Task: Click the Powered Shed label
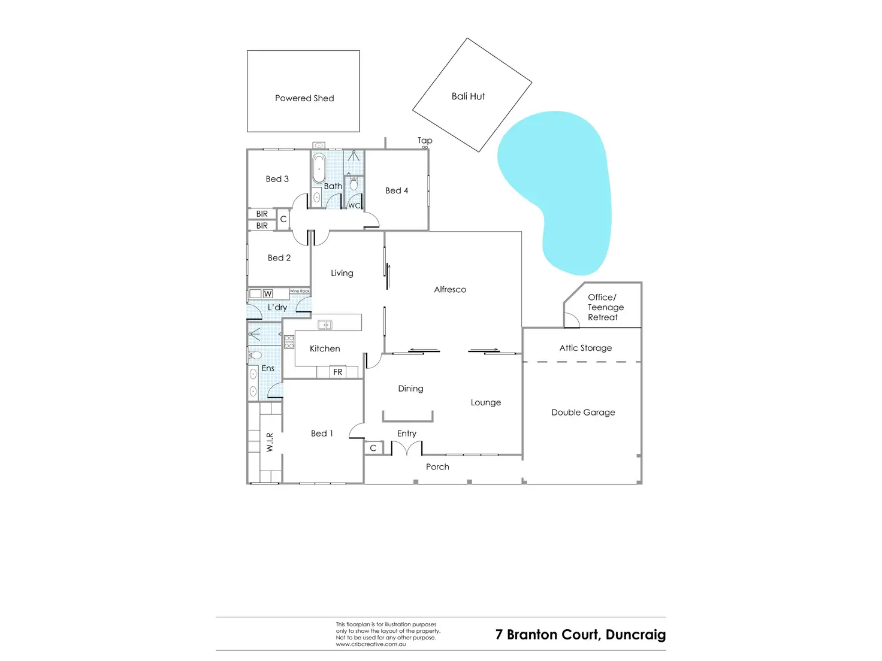[304, 98]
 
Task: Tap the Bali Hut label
[468, 96]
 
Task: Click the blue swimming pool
[557, 180]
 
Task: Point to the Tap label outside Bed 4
[425, 141]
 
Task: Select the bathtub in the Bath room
[319, 168]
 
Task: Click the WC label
[355, 205]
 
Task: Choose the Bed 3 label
[277, 179]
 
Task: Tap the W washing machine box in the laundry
[268, 294]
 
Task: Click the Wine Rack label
[300, 291]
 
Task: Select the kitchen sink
[325, 325]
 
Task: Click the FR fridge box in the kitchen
[338, 372]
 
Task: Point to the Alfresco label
[450, 290]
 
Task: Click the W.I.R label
[270, 442]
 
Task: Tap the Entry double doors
[407, 448]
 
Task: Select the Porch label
[437, 467]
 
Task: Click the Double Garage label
[583, 413]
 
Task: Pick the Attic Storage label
[585, 348]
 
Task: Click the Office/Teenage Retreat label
[605, 307]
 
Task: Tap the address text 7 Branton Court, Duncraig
[580, 635]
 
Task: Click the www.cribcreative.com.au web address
[370, 644]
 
